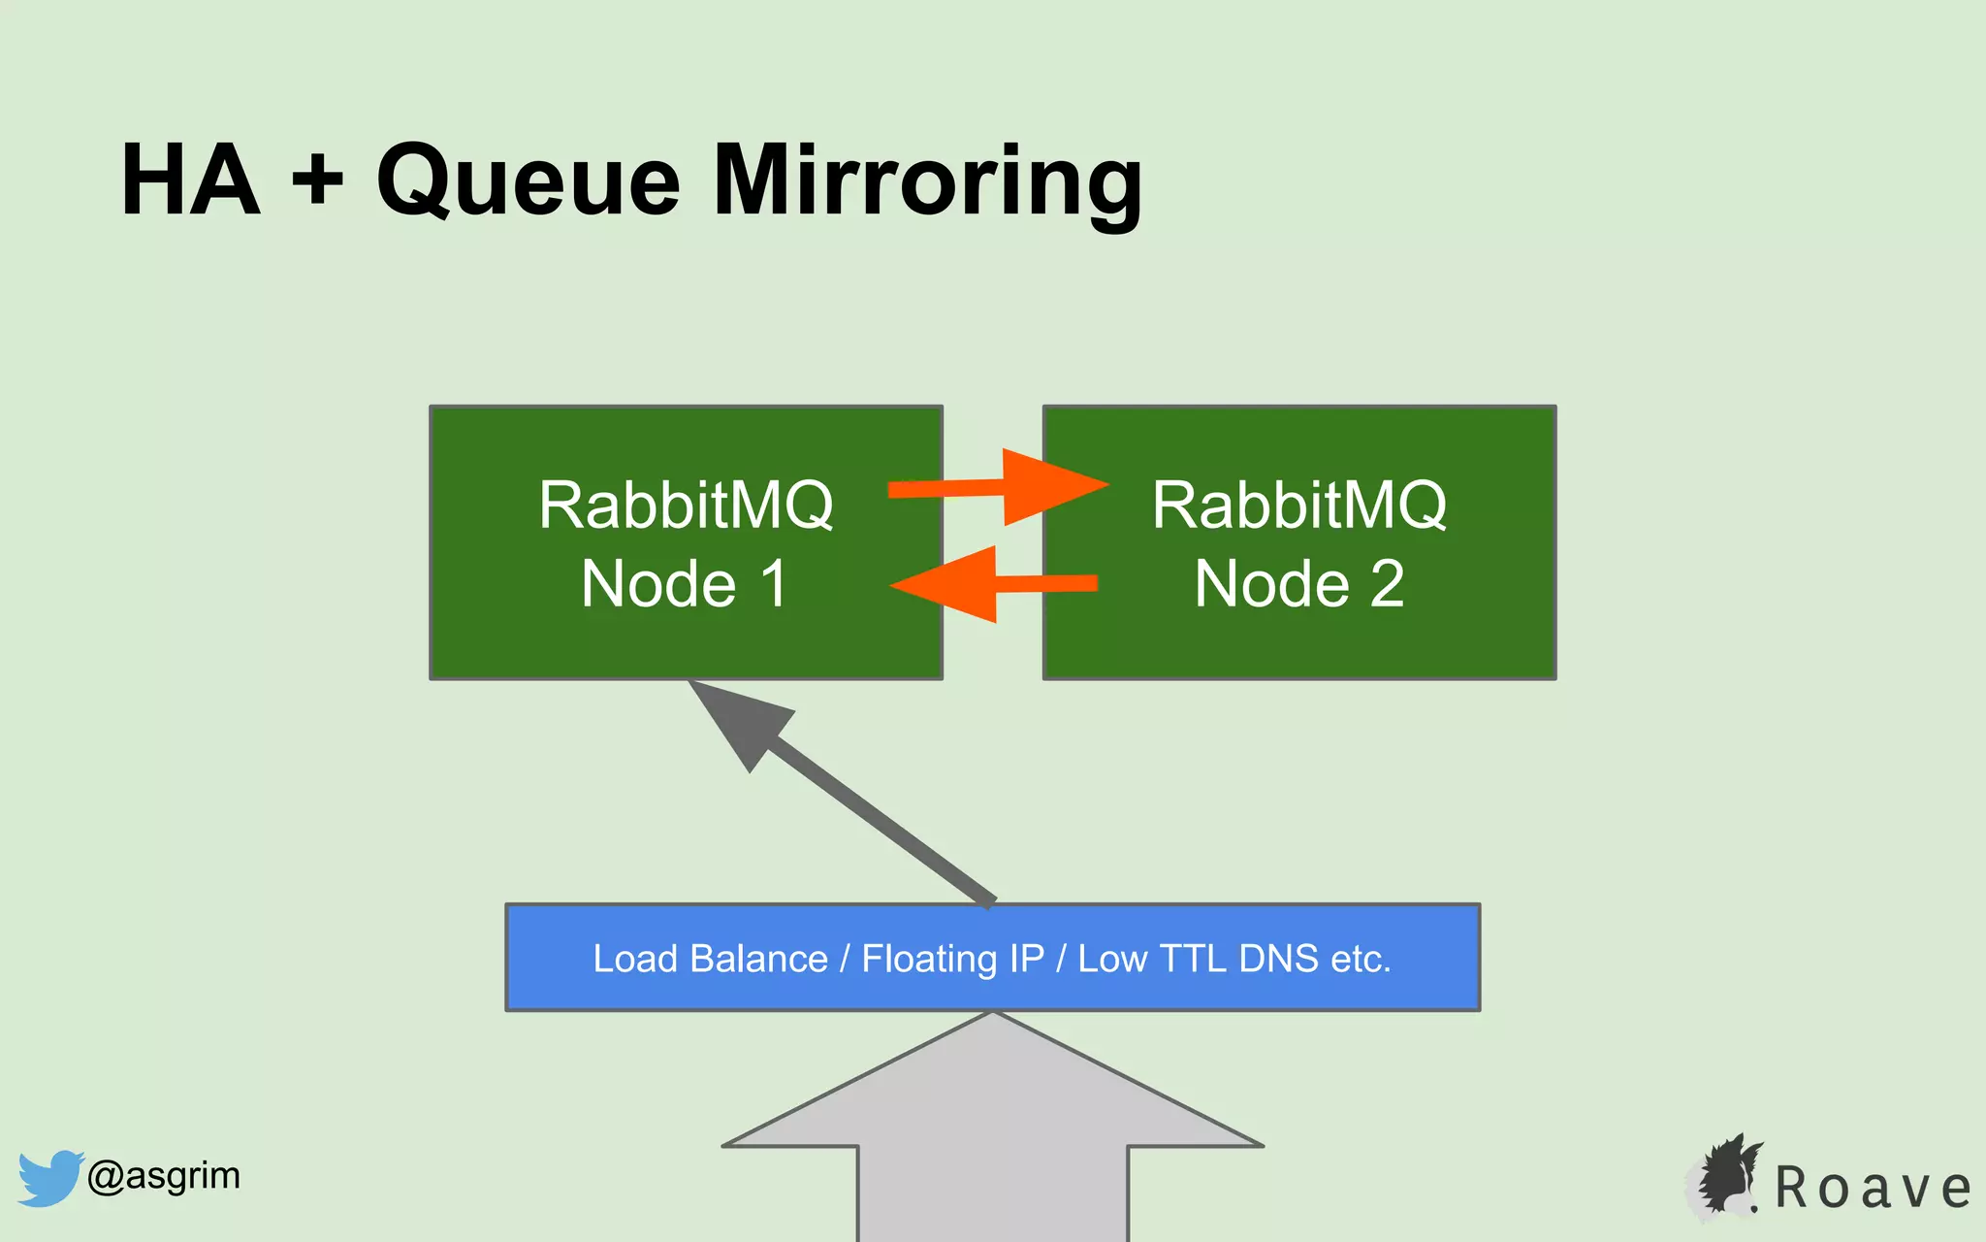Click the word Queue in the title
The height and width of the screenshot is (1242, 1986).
coord(528,182)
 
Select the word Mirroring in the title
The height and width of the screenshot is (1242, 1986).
coord(927,182)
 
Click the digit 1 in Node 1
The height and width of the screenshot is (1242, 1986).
coord(774,584)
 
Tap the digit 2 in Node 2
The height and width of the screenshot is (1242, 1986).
coord(1387,584)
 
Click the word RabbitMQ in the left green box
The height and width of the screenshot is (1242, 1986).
coord(686,506)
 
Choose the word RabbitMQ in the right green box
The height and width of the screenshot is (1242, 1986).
coord(1299,506)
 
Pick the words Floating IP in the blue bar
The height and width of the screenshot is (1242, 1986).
coord(952,959)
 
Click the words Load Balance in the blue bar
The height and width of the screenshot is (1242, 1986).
coord(710,959)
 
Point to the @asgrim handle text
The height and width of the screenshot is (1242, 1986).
coord(163,1176)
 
